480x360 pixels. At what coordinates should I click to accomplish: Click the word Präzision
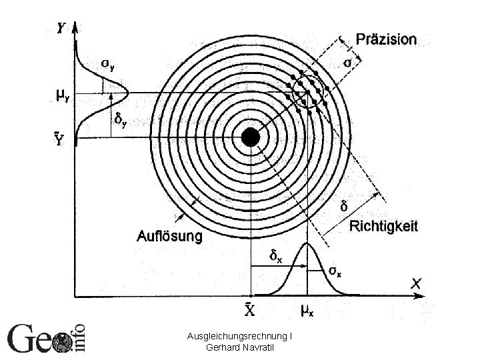coord(386,39)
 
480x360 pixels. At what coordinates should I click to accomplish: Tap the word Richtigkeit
coord(384,227)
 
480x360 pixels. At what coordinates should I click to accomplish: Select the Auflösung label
coord(170,235)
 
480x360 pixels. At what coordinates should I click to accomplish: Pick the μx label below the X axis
coord(307,311)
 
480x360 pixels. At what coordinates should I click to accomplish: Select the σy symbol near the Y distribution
coord(107,64)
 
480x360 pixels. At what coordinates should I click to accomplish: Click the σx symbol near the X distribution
coord(336,271)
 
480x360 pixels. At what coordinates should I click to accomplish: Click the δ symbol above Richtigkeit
coord(344,207)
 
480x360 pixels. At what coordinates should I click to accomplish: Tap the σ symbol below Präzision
coord(348,63)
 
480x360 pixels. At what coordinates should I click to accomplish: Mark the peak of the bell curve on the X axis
coord(307,243)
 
